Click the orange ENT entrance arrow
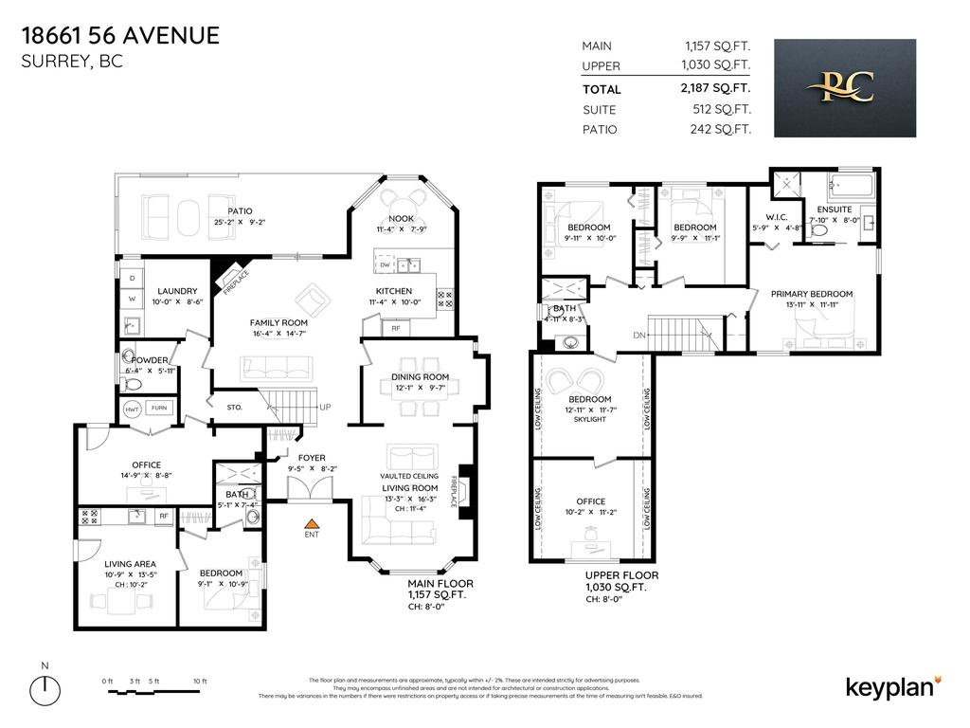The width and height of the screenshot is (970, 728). (310, 522)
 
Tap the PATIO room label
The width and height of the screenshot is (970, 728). (240, 210)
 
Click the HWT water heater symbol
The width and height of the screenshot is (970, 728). (132, 408)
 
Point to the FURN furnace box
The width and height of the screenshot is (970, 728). (158, 408)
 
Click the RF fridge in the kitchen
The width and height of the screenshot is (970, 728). (395, 328)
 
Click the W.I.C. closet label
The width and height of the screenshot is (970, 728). (763, 216)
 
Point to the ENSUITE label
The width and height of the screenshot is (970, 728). (835, 209)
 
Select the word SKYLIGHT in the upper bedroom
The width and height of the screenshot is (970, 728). (589, 419)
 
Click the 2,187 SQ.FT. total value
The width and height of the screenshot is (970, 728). (717, 88)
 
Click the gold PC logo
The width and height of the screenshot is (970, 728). (845, 87)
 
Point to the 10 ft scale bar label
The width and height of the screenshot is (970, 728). (199, 682)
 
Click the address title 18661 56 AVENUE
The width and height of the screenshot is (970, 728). (119, 36)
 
